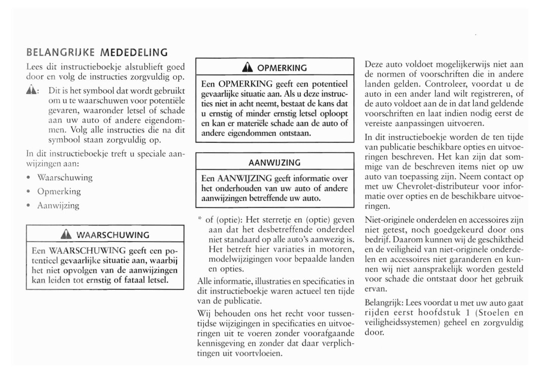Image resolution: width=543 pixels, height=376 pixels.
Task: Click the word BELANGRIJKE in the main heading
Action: point(61,53)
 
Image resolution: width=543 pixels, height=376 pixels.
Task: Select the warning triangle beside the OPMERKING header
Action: point(247,68)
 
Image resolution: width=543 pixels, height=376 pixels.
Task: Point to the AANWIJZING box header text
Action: point(275,163)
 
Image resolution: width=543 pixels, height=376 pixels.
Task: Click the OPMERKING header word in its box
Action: point(282,68)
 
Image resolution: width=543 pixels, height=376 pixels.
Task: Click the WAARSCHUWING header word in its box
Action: point(113,235)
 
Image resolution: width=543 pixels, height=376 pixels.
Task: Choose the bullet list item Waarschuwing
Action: point(65,177)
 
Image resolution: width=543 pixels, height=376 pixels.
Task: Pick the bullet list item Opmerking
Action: point(59,191)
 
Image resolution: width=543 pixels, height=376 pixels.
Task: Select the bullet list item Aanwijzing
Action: point(58,205)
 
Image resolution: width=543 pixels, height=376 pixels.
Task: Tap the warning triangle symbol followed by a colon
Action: point(32,91)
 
